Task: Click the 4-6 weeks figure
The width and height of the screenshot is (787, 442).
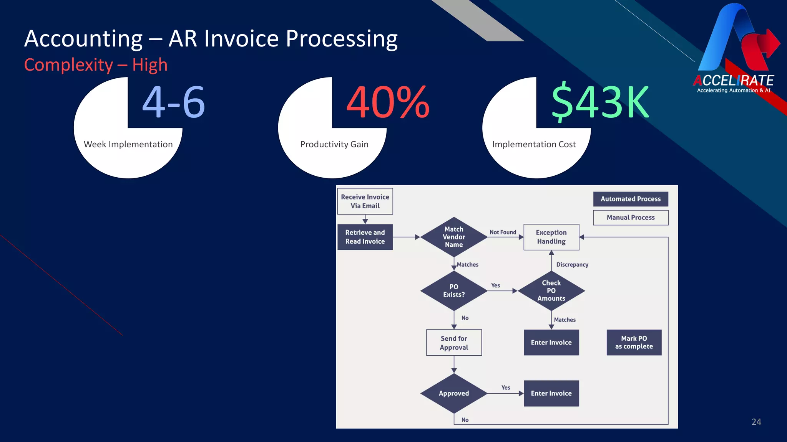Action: click(x=174, y=102)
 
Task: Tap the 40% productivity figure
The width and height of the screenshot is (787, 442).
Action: click(x=387, y=102)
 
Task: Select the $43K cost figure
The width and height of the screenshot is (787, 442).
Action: click(x=600, y=102)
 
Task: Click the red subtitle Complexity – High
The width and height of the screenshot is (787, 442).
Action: click(x=96, y=65)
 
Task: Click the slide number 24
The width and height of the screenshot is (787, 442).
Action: click(x=756, y=422)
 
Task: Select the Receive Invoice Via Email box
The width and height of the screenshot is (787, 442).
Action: click(x=365, y=201)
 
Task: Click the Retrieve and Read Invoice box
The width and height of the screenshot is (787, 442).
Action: click(x=365, y=237)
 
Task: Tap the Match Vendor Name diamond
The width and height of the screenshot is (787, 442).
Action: click(x=454, y=237)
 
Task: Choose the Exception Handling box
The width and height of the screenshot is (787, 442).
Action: click(x=551, y=237)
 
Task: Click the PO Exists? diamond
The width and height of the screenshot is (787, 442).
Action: click(x=454, y=290)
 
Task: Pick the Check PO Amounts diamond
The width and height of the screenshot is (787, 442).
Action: click(x=551, y=290)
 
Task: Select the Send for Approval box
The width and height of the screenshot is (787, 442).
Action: click(x=454, y=343)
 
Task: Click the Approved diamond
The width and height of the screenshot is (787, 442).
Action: click(x=454, y=393)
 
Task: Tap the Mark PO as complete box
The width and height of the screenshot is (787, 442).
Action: click(x=634, y=342)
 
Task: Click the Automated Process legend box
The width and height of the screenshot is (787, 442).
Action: click(x=631, y=199)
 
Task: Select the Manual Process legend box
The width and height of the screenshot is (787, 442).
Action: click(x=631, y=217)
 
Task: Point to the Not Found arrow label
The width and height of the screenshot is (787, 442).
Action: click(x=503, y=232)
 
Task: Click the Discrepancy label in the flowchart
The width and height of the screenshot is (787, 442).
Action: click(x=572, y=264)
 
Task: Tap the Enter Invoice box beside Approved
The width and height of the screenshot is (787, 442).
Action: click(x=551, y=393)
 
